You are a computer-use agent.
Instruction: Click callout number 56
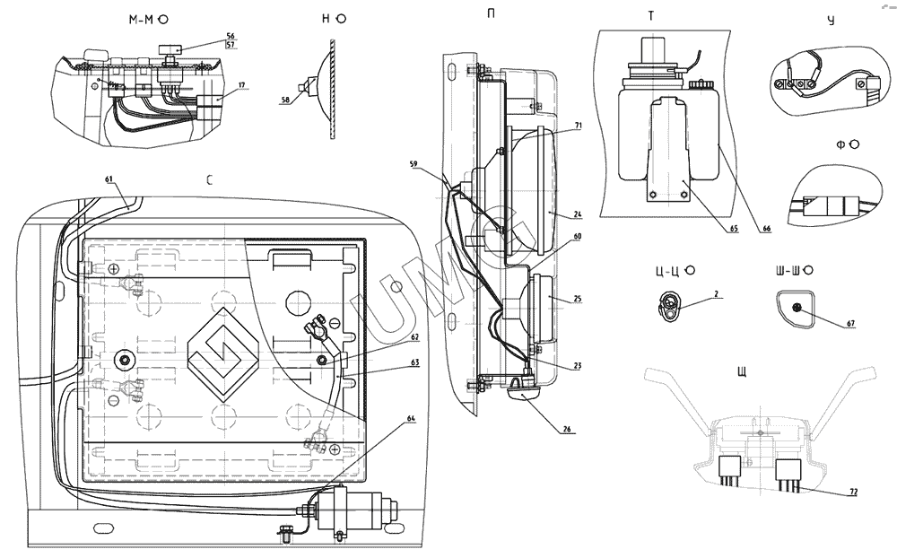[x=230, y=36]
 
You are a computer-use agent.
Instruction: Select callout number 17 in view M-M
[x=241, y=84]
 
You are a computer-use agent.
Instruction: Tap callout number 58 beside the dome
[x=285, y=100]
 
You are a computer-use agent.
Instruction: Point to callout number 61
[x=109, y=179]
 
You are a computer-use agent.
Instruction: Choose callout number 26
[x=566, y=429]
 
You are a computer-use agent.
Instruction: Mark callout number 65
[x=734, y=229]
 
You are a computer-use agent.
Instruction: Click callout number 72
[x=854, y=492]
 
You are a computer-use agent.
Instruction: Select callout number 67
[x=850, y=323]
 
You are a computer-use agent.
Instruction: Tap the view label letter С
[x=209, y=179]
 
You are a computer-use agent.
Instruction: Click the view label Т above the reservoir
[x=650, y=16]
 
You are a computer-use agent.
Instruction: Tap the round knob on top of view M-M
[x=169, y=48]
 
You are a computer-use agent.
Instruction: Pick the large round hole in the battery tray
[x=300, y=301]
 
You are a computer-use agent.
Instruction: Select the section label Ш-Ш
[x=789, y=270]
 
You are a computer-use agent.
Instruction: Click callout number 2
[x=716, y=294]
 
